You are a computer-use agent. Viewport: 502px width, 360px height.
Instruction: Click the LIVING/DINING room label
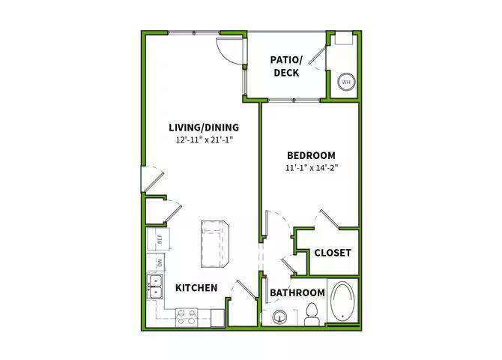tap(204, 127)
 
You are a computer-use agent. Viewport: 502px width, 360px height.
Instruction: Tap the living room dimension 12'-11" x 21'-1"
tap(204, 140)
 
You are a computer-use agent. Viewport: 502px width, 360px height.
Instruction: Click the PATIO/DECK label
tap(286, 66)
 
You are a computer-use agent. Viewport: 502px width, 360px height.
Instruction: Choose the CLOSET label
tap(333, 253)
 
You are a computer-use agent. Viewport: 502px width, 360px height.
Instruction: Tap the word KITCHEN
tap(196, 288)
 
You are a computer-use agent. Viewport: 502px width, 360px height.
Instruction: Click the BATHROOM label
tap(297, 292)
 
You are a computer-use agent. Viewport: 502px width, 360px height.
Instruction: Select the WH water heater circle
tap(347, 82)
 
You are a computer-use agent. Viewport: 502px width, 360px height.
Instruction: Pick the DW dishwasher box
tap(160, 262)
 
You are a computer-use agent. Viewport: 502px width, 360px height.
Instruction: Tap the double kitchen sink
tap(156, 287)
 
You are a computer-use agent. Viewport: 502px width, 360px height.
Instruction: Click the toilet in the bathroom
tap(313, 315)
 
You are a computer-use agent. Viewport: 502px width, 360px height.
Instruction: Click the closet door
tap(330, 219)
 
